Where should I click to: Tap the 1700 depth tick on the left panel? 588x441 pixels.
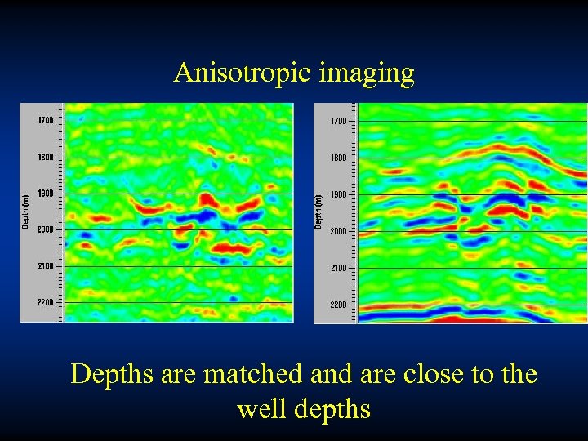click(44, 120)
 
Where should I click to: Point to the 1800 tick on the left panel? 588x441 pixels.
click(44, 157)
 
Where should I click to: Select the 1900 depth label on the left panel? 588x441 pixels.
click(44, 194)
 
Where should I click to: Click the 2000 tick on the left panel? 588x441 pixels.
click(44, 229)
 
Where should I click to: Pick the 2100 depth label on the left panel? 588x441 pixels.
click(44, 266)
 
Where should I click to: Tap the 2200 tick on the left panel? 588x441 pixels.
click(44, 302)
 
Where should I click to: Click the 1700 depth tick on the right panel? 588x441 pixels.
click(337, 121)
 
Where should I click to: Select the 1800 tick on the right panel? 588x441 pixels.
click(337, 158)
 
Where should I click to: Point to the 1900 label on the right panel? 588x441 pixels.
click(337, 195)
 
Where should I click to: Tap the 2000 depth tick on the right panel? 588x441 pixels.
click(337, 231)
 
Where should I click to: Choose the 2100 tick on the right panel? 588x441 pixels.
click(337, 268)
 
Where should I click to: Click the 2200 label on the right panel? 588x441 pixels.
click(337, 305)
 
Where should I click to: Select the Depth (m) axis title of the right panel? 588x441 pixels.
click(319, 211)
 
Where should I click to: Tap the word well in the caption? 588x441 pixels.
click(258, 408)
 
